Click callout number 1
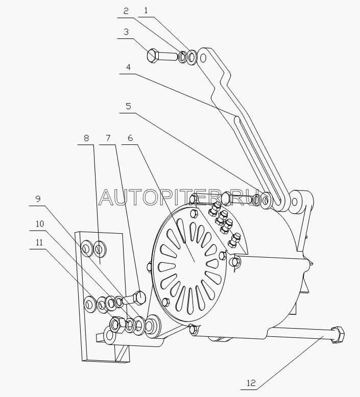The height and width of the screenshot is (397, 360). [146, 11]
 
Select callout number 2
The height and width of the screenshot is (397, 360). [126, 11]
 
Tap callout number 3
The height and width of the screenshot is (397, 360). [126, 32]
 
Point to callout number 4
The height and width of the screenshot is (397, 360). [129, 67]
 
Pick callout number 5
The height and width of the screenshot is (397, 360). [129, 106]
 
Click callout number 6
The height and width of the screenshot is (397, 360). [130, 138]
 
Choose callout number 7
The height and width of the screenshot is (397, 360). [108, 138]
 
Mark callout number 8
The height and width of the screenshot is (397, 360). [86, 138]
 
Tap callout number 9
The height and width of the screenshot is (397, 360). [38, 199]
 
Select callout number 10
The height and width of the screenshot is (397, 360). [39, 224]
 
